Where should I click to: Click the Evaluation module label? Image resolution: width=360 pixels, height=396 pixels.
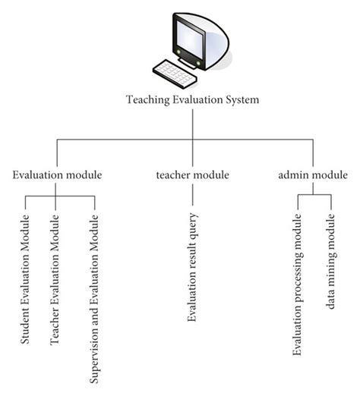point(58,175)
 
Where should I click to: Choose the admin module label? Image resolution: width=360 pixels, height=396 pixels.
point(313,175)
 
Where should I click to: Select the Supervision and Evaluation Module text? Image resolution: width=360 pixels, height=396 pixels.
point(95,299)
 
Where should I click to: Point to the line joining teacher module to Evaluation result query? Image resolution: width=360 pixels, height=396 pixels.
point(193,195)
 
